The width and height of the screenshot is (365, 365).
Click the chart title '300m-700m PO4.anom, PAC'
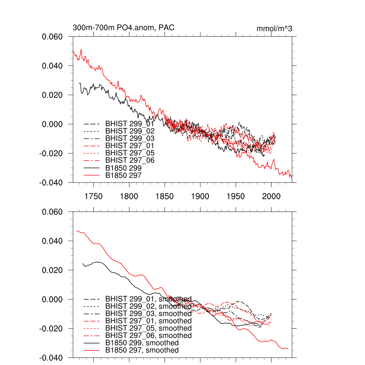coord(123,27)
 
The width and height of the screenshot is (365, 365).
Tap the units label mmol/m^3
coord(274,29)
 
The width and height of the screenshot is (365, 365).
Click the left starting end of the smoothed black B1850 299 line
coord(83,264)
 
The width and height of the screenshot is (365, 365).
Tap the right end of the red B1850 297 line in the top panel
coord(292,177)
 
